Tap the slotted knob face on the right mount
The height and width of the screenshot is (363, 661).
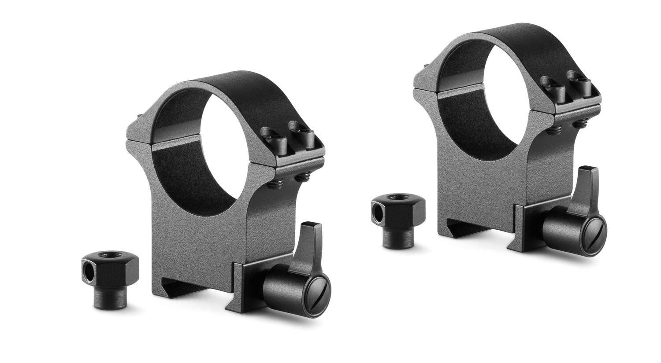tap(593, 236)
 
